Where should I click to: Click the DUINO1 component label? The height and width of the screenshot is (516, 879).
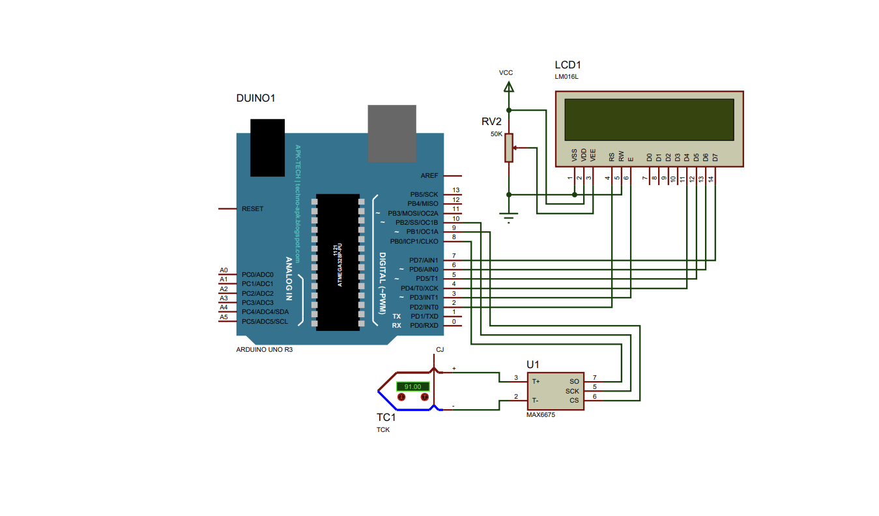pos(255,98)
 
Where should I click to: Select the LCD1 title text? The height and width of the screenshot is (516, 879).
pos(568,65)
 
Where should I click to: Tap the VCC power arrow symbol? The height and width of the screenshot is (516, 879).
pos(510,86)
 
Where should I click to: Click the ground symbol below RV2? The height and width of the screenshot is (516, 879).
pos(510,218)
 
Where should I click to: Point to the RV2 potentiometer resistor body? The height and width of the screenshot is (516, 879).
pos(510,147)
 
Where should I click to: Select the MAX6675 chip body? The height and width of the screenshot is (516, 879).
pos(556,391)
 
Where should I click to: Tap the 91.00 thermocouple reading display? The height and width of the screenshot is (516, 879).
pos(413,386)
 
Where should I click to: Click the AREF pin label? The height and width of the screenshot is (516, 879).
pos(429,176)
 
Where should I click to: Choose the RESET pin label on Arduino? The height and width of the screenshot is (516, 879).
pos(252,209)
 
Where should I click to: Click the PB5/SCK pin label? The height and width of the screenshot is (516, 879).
pos(424,195)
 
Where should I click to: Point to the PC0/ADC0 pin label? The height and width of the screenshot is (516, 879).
pos(257,275)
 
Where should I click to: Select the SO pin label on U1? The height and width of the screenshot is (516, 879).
pos(574,382)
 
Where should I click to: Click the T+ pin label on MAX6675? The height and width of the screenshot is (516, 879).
pos(536,382)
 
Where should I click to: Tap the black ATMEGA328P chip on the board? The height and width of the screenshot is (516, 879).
pos(338,262)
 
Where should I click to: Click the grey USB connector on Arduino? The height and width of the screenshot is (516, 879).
pos(392,133)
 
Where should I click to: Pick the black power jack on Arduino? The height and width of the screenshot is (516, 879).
pos(268,147)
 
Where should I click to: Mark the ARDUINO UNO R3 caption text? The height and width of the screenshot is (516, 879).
pos(264,349)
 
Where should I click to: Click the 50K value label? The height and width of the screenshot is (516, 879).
pos(497,134)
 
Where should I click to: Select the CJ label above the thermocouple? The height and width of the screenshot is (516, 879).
pos(440,350)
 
